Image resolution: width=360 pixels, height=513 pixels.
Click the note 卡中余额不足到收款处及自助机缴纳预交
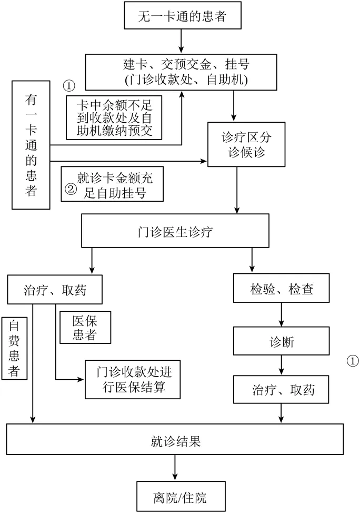pos(113,116)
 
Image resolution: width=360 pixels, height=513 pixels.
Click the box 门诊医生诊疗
pos(176,230)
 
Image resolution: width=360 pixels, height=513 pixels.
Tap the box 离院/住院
pos(176,497)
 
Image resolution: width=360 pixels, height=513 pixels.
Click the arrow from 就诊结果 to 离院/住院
pos(175,468)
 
